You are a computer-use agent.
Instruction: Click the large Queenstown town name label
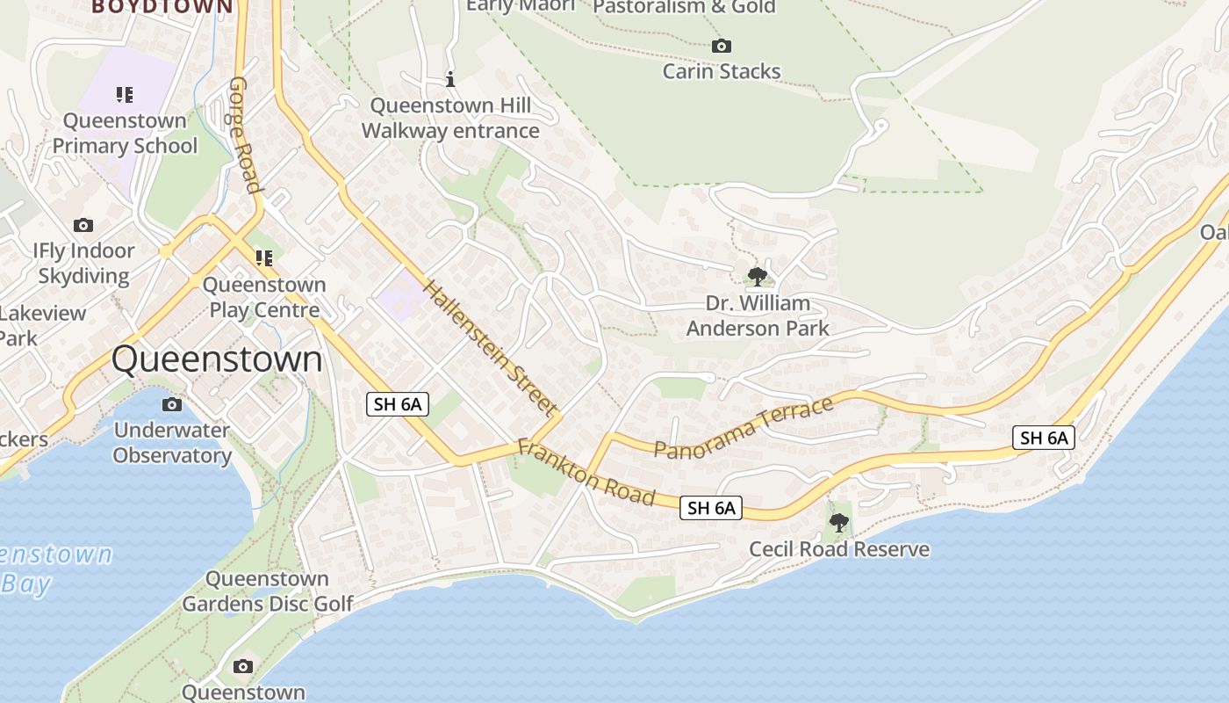pos(217,359)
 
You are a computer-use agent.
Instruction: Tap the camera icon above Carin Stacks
pos(721,46)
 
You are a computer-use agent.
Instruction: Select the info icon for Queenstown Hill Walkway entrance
pos(450,80)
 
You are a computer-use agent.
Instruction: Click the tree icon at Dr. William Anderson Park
pos(757,278)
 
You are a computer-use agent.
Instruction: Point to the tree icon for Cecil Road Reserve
pos(838,524)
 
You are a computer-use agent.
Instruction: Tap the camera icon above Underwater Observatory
pos(172,404)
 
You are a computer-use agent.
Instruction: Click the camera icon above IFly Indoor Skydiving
pos(83,225)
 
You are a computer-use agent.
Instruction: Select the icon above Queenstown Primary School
pos(125,94)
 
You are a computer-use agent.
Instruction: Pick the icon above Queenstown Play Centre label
pos(263,258)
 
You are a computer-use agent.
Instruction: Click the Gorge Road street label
pos(245,134)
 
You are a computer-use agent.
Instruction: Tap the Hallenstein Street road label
pos(490,347)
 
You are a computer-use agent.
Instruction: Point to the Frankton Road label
pos(586,472)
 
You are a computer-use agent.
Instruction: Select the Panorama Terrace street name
pos(744,428)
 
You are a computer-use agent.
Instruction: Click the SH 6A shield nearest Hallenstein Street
pos(398,404)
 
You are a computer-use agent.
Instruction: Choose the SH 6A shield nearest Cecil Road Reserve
pos(710,507)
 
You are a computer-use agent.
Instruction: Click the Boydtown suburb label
pos(162,7)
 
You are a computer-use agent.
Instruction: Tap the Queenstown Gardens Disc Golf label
pos(267,591)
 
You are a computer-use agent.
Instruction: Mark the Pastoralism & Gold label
pos(684,7)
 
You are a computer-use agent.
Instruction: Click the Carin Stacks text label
pos(721,71)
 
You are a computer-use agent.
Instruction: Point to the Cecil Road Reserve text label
pos(838,549)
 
